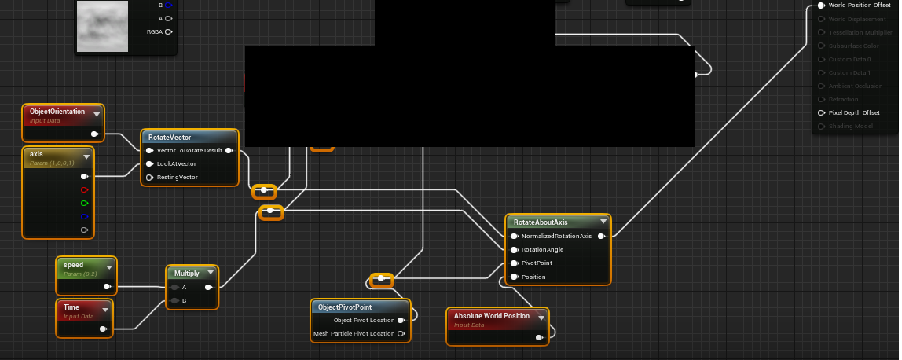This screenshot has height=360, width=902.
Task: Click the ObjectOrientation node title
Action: pyautogui.click(x=57, y=112)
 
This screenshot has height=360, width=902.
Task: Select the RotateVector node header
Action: pyautogui.click(x=170, y=138)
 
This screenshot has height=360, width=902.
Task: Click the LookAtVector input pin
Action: pyautogui.click(x=149, y=163)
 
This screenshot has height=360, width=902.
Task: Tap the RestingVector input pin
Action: pyautogui.click(x=149, y=177)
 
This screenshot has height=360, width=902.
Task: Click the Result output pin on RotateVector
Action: pyautogui.click(x=229, y=150)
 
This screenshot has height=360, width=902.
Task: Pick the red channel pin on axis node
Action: pyautogui.click(x=84, y=189)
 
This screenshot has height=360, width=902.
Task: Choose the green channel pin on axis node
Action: pyautogui.click(x=84, y=203)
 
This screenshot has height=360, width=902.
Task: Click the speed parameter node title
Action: pyautogui.click(x=73, y=265)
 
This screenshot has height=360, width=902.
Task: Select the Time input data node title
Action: pyautogui.click(x=71, y=307)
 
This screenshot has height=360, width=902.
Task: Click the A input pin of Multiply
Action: pyautogui.click(x=174, y=287)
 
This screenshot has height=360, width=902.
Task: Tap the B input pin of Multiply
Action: pyautogui.click(x=174, y=300)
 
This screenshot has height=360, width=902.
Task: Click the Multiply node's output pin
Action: pyautogui.click(x=208, y=287)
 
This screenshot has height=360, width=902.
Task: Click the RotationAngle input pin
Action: pyautogui.click(x=514, y=249)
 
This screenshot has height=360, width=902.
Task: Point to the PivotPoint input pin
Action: pyautogui.click(x=514, y=263)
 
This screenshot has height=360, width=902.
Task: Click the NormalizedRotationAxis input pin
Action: pyautogui.click(x=514, y=236)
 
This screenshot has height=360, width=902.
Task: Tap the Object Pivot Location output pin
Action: pyautogui.click(x=401, y=320)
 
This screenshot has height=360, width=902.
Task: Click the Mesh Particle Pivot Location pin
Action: pyautogui.click(x=401, y=333)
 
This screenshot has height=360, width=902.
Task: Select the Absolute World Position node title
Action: pyautogui.click(x=492, y=316)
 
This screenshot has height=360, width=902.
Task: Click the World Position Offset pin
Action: pyautogui.click(x=821, y=5)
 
